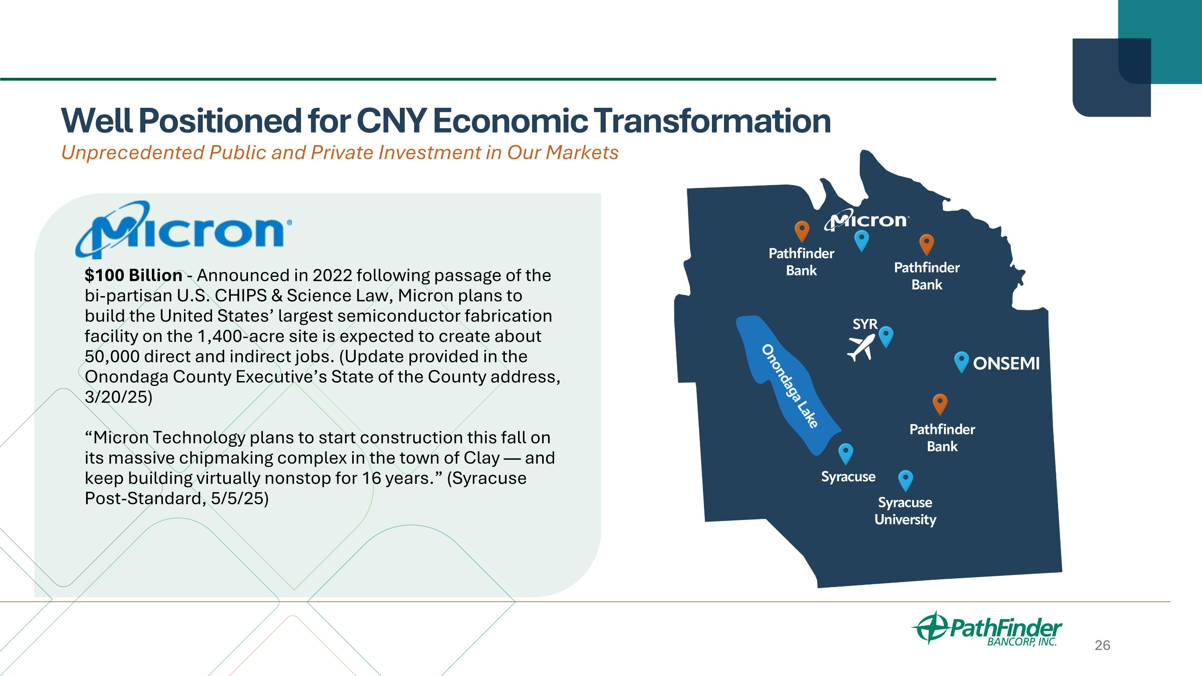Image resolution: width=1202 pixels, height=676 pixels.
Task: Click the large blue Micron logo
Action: (184, 230)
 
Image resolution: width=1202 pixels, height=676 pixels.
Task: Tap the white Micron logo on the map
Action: (867, 221)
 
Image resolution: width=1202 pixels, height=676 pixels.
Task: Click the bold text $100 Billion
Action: (133, 275)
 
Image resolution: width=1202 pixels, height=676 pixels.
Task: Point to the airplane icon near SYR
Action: (861, 347)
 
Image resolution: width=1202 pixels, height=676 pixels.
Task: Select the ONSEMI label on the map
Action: (1006, 363)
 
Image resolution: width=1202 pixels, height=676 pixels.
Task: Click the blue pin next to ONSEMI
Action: (961, 362)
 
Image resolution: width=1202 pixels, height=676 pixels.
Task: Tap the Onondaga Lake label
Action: (789, 386)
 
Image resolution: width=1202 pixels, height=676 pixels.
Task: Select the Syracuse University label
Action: (905, 511)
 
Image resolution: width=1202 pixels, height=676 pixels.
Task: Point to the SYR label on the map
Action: (865, 324)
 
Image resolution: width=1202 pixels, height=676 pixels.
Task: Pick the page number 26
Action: (1103, 645)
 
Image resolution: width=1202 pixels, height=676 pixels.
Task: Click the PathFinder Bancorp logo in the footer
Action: (986, 628)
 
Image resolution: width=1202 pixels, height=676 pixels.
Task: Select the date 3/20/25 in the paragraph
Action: (119, 397)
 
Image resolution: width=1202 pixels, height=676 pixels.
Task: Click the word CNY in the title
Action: (391, 121)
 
